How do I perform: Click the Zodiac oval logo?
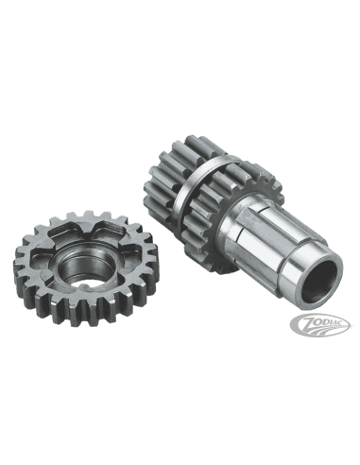(320, 324)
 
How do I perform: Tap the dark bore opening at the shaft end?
(320, 282)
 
